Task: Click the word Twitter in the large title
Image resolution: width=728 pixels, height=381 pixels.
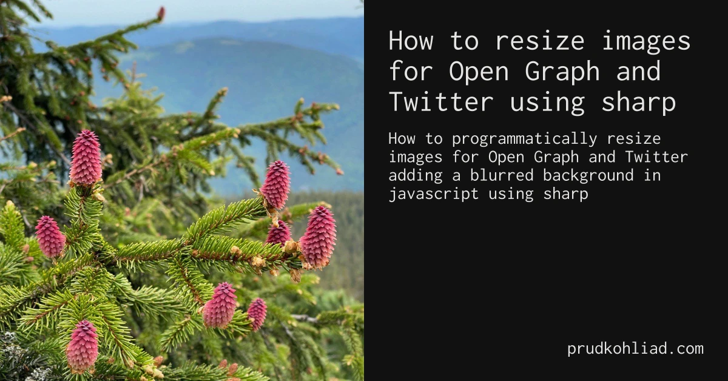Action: click(441, 102)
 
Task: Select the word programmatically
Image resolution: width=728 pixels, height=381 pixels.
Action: click(525, 140)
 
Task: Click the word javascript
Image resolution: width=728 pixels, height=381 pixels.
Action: click(434, 194)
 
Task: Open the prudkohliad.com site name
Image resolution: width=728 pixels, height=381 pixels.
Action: click(635, 349)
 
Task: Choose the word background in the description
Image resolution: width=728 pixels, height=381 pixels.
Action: click(588, 176)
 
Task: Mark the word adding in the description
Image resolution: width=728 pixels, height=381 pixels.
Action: click(416, 176)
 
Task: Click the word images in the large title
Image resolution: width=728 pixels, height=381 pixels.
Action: click(646, 41)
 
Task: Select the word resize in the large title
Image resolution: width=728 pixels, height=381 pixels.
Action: click(540, 41)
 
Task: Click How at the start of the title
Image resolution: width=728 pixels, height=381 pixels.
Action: click(411, 41)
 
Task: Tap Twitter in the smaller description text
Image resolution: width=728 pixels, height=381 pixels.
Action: click(656, 157)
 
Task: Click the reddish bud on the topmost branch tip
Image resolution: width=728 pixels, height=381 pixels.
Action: click(161, 13)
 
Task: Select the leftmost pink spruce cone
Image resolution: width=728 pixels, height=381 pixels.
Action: click(50, 237)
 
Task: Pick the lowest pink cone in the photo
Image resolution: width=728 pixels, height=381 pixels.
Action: click(82, 346)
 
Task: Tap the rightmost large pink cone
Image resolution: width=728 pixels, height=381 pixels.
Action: click(318, 237)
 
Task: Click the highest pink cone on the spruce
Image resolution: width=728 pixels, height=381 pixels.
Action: click(86, 157)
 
